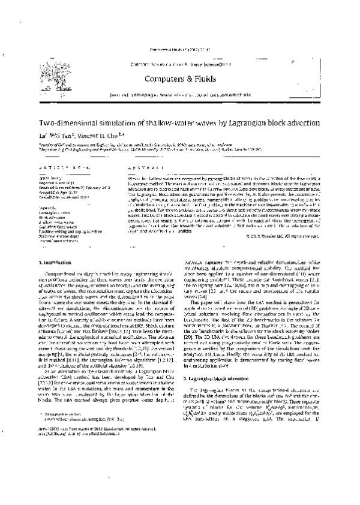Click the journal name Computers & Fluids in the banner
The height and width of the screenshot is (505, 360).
(179, 78)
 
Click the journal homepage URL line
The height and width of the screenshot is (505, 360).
(179, 94)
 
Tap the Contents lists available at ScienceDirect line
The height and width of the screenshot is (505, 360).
(179, 64)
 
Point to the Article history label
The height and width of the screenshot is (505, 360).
(51, 178)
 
